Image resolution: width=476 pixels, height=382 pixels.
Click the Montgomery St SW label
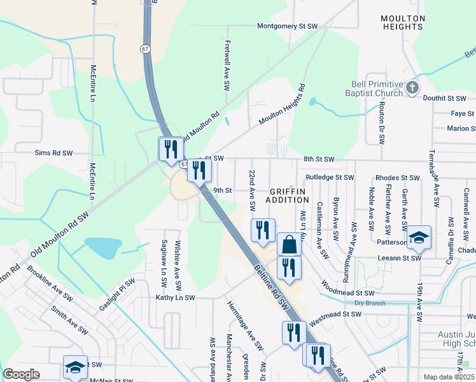click(287, 26)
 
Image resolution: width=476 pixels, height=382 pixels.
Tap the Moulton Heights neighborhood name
click(403, 22)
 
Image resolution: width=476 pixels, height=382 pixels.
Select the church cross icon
click(412, 87)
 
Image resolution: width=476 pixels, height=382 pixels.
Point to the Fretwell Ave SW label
click(226, 66)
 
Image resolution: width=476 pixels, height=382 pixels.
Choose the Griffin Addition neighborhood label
click(288, 195)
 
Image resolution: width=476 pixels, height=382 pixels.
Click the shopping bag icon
click(289, 244)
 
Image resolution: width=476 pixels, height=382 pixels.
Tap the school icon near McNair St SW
click(75, 367)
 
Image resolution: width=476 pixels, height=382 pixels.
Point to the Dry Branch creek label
click(370, 303)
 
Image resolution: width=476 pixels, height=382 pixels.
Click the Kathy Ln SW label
click(178, 297)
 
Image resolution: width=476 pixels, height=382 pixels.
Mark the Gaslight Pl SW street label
click(118, 294)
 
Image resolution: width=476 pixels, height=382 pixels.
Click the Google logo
click(22, 374)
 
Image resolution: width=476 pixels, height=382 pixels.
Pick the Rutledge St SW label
click(329, 177)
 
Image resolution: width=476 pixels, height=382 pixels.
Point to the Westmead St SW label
click(335, 315)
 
